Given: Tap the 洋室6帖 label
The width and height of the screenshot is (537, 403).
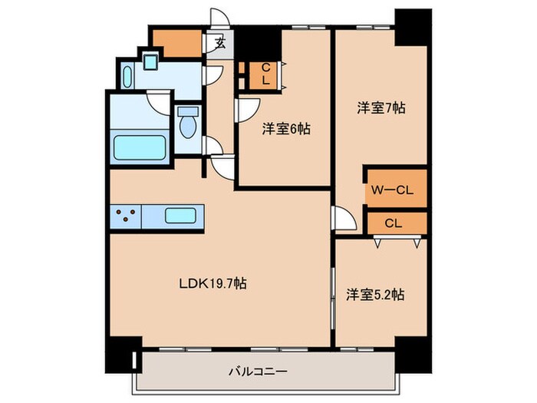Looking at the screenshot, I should pyautogui.click(x=285, y=129).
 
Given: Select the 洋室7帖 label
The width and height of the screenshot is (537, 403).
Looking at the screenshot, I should pyautogui.click(x=381, y=108).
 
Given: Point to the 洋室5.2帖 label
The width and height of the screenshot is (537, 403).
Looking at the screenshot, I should pyautogui.click(x=375, y=293).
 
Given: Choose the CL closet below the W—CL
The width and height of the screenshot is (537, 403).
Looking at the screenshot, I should pyautogui.click(x=393, y=223).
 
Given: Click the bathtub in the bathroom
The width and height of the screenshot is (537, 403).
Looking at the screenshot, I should pyautogui.click(x=140, y=147).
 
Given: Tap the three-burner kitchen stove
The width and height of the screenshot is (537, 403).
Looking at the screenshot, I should pyautogui.click(x=127, y=216).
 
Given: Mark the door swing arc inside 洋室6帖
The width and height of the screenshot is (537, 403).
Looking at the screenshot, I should pyautogui.click(x=247, y=108).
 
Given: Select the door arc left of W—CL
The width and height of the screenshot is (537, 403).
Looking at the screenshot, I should pyautogui.click(x=344, y=218).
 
